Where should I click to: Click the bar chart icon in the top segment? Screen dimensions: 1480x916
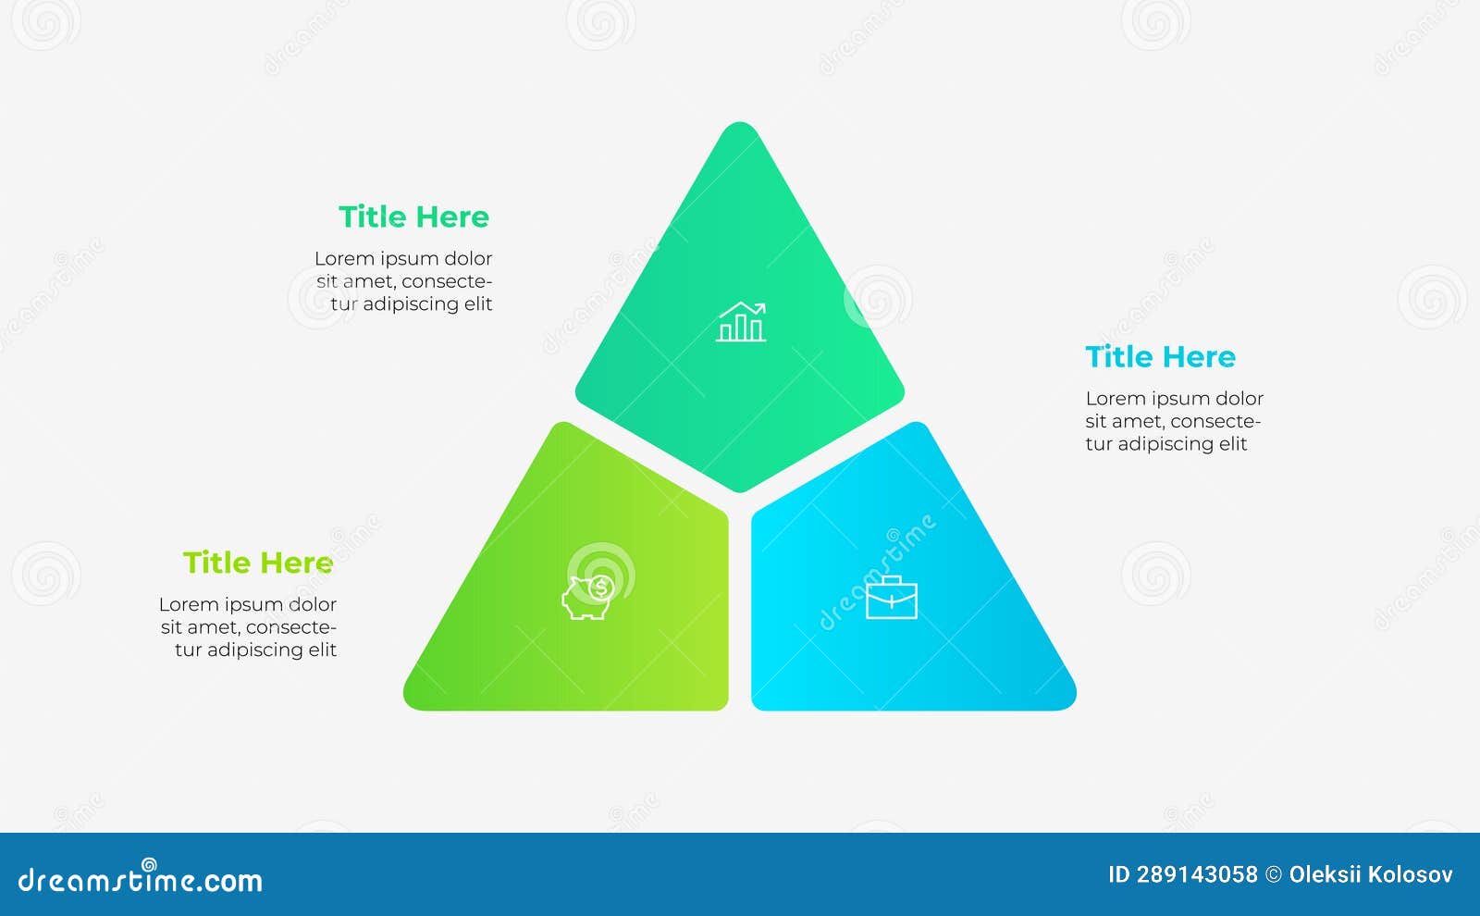[741, 322]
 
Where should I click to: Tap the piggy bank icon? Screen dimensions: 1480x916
[587, 598]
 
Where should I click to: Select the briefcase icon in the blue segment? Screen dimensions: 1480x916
[892, 598]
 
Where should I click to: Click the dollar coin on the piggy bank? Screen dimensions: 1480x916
[600, 588]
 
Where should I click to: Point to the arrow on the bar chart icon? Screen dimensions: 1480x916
[743, 309]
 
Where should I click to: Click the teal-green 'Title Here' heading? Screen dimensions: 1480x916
[413, 217]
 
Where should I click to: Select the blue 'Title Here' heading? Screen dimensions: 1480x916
[1160, 357]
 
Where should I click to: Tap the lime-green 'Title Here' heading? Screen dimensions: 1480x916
[258, 563]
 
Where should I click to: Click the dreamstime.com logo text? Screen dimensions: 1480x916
[140, 879]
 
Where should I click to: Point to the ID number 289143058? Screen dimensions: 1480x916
[1197, 875]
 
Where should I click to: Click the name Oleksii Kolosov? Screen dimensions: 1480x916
[1371, 875]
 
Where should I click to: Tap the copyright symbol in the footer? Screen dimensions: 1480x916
[1273, 875]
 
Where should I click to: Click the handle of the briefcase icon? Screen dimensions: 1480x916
[892, 580]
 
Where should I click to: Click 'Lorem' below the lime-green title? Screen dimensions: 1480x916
[186, 605]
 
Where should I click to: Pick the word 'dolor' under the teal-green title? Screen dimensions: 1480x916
[468, 258]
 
